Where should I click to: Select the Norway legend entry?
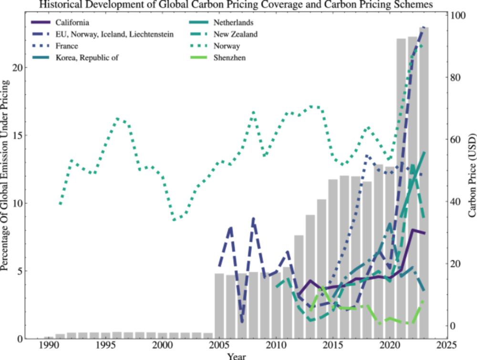(x=227, y=46)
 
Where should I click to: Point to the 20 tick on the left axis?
(x=17, y=68)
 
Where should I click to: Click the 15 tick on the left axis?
(x=17, y=135)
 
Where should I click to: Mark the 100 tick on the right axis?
(x=458, y=16)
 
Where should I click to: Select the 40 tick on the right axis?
(x=456, y=202)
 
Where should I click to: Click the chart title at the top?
(x=236, y=5)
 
